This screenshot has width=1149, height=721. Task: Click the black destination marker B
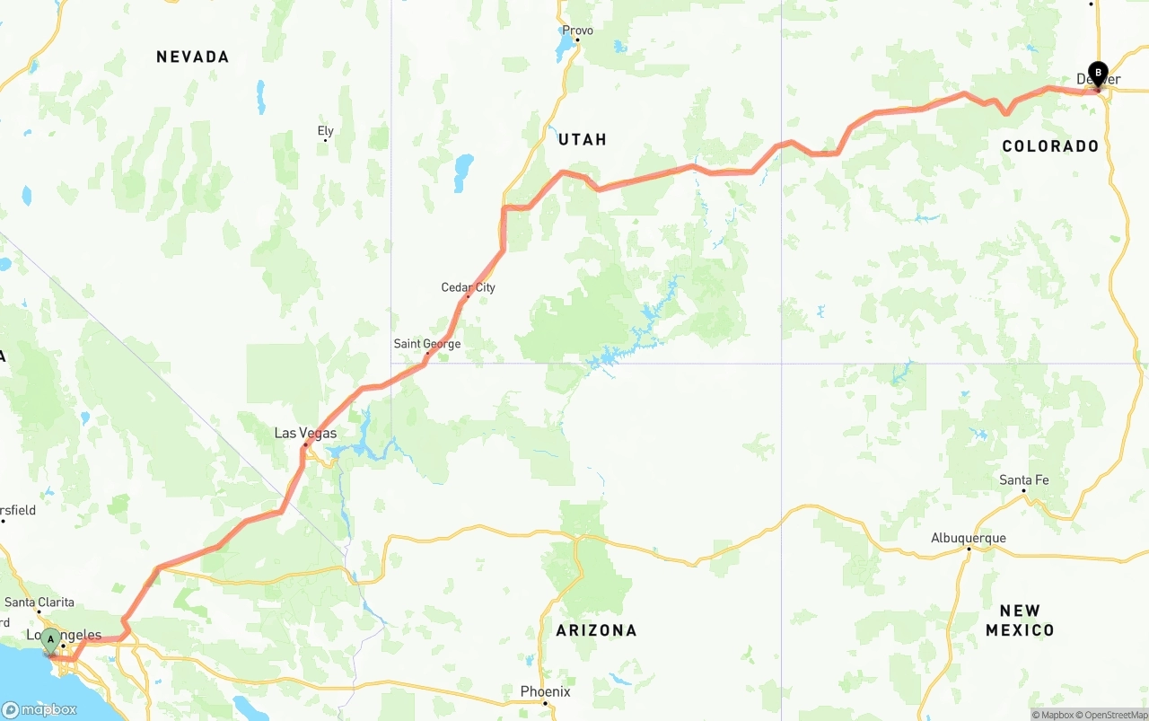1098,74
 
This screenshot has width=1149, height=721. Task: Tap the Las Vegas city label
305,434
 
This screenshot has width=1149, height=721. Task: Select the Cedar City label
468,287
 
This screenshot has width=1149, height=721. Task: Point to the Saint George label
427,344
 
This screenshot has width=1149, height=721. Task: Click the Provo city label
577,30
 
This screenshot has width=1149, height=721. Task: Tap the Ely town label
326,131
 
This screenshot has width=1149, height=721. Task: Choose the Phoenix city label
545,691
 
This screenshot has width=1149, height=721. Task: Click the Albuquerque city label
968,539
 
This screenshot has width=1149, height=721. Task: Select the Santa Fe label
1023,480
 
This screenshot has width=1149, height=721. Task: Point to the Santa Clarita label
39,602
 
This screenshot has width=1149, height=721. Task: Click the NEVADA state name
193,57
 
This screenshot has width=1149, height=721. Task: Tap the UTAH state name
583,139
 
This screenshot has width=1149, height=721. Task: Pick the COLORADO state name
1050,146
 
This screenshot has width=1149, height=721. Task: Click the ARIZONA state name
596,630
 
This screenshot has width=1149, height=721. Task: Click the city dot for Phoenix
545,703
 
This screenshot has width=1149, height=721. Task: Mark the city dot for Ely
326,140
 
